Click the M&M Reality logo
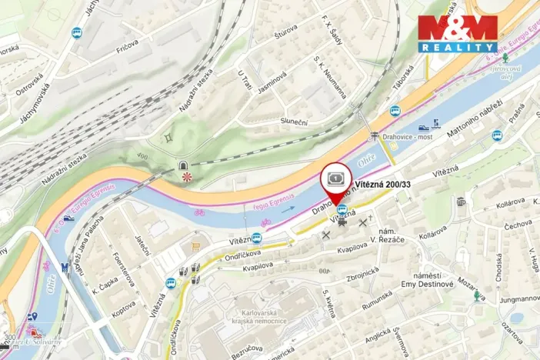(458, 33)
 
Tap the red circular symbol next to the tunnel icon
(185, 177)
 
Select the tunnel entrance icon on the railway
(184, 165)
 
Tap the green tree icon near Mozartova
(478, 295)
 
